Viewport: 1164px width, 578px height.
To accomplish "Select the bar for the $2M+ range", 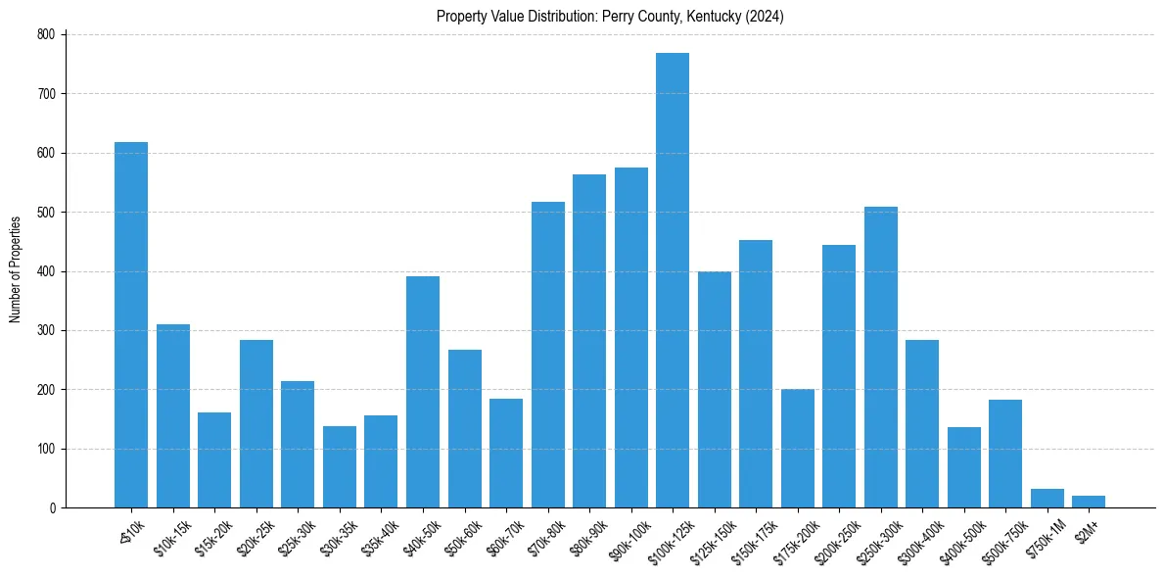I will tap(1089, 502).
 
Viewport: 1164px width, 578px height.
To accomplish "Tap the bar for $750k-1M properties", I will tap(1047, 499).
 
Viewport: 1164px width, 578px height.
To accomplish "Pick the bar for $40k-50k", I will tap(423, 392).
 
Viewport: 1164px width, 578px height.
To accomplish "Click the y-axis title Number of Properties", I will tap(16, 269).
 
